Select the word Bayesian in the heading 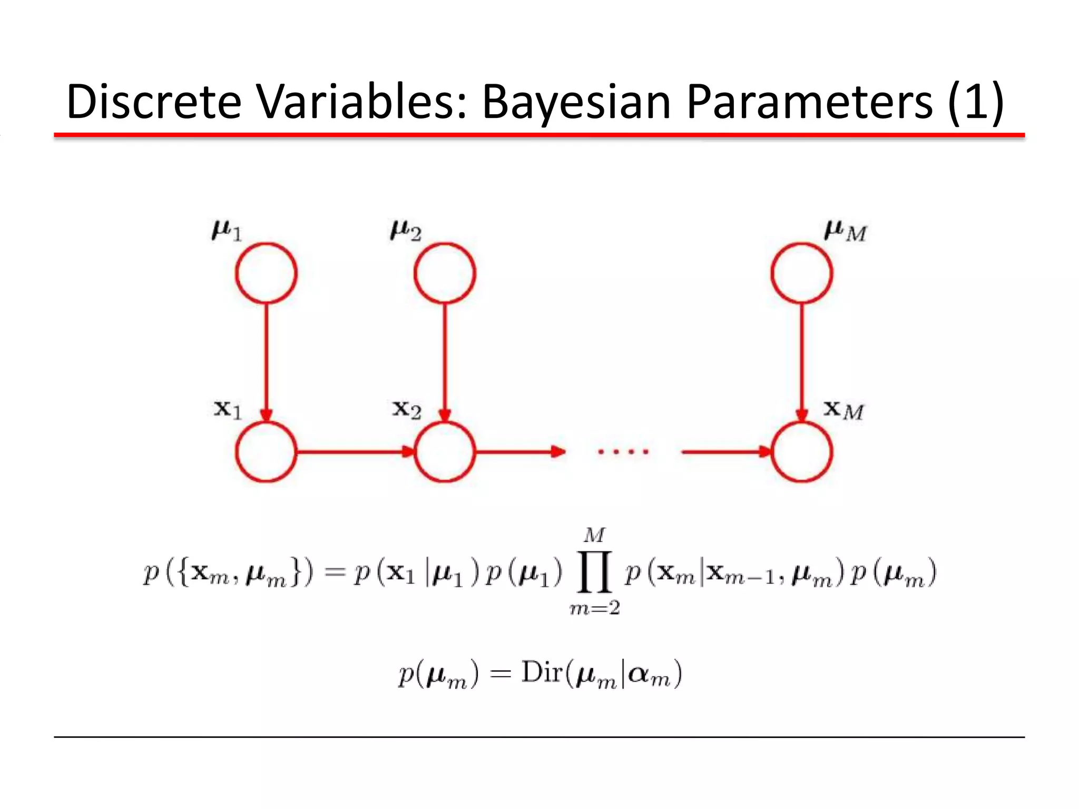pyautogui.click(x=576, y=102)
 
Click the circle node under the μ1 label pyautogui.click(x=266, y=273)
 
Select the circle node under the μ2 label pyautogui.click(x=445, y=273)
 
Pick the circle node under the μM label pyautogui.click(x=801, y=273)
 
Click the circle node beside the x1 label pyautogui.click(x=266, y=452)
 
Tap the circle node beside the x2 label pyautogui.click(x=445, y=452)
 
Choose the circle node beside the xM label pyautogui.click(x=801, y=452)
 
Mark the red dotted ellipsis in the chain pyautogui.click(x=623, y=452)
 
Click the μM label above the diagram pyautogui.click(x=845, y=231)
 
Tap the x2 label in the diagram pyautogui.click(x=406, y=409)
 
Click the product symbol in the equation pyautogui.click(x=595, y=572)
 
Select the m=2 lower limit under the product pyautogui.click(x=594, y=608)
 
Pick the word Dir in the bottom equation pyautogui.click(x=542, y=673)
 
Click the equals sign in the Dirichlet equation pyautogui.click(x=500, y=674)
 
